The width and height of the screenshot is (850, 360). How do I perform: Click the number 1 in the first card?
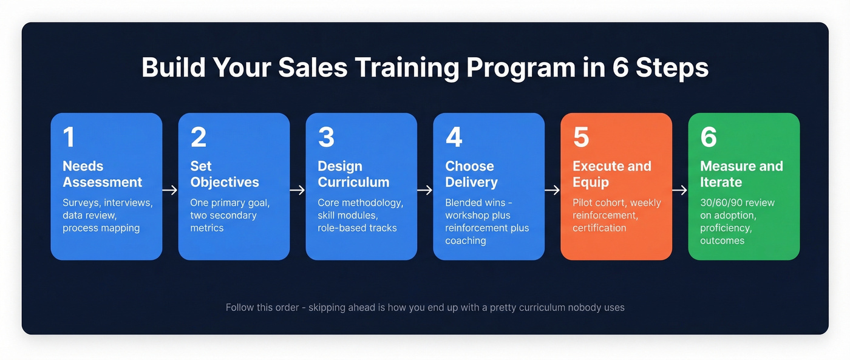click(x=69, y=137)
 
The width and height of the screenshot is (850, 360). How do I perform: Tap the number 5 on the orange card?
click(x=581, y=137)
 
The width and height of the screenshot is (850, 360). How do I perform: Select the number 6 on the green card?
click(x=709, y=137)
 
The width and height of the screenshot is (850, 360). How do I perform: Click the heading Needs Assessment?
click(x=102, y=174)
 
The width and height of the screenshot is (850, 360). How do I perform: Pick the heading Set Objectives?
click(x=225, y=174)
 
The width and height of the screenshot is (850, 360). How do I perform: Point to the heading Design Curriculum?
click(x=353, y=174)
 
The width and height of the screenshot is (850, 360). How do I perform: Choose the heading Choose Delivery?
click(x=471, y=174)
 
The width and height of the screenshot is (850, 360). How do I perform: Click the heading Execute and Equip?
click(x=611, y=174)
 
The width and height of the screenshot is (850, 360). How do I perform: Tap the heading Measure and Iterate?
click(x=741, y=174)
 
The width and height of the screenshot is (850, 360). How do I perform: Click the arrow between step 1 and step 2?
click(x=170, y=190)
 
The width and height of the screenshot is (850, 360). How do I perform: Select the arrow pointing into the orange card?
click(x=552, y=190)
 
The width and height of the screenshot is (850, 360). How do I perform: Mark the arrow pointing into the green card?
click(x=680, y=190)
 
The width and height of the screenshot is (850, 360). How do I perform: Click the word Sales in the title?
click(x=313, y=67)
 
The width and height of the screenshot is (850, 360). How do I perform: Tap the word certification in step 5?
click(x=599, y=228)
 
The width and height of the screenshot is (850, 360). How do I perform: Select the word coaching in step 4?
click(x=465, y=241)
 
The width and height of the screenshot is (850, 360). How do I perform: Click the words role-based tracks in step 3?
click(x=357, y=228)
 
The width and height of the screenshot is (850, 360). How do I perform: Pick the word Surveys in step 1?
click(x=81, y=203)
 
